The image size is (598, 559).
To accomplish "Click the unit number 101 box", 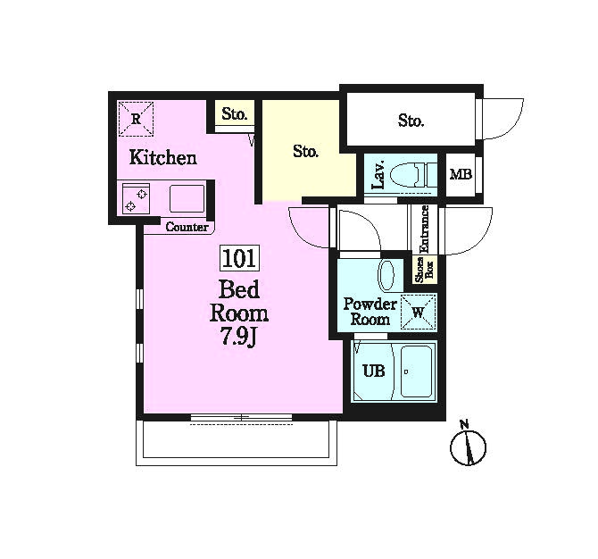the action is [x=239, y=258].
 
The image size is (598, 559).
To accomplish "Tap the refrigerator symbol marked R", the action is [x=136, y=119].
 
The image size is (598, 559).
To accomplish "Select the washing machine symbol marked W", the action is [x=419, y=312].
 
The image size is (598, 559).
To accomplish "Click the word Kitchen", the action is [x=162, y=157].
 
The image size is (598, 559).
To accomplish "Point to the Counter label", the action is [x=187, y=227].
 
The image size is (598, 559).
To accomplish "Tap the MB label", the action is [x=461, y=174].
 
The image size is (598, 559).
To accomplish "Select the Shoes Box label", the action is [x=425, y=270].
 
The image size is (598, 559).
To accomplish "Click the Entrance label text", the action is [x=424, y=229].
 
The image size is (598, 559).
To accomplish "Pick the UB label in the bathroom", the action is [x=374, y=371].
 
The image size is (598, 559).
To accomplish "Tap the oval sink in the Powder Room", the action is [x=386, y=276].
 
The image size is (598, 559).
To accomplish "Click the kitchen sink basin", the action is [x=187, y=198].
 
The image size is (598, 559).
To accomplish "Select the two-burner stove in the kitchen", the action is [x=137, y=198].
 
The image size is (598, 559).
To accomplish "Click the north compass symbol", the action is [x=468, y=445].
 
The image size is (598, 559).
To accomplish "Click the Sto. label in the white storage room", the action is [x=411, y=121].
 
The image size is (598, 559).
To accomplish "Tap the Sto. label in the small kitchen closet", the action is [x=235, y=113].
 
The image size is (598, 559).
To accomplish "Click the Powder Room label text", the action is [x=370, y=312].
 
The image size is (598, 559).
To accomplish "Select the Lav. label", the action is [x=379, y=175].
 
